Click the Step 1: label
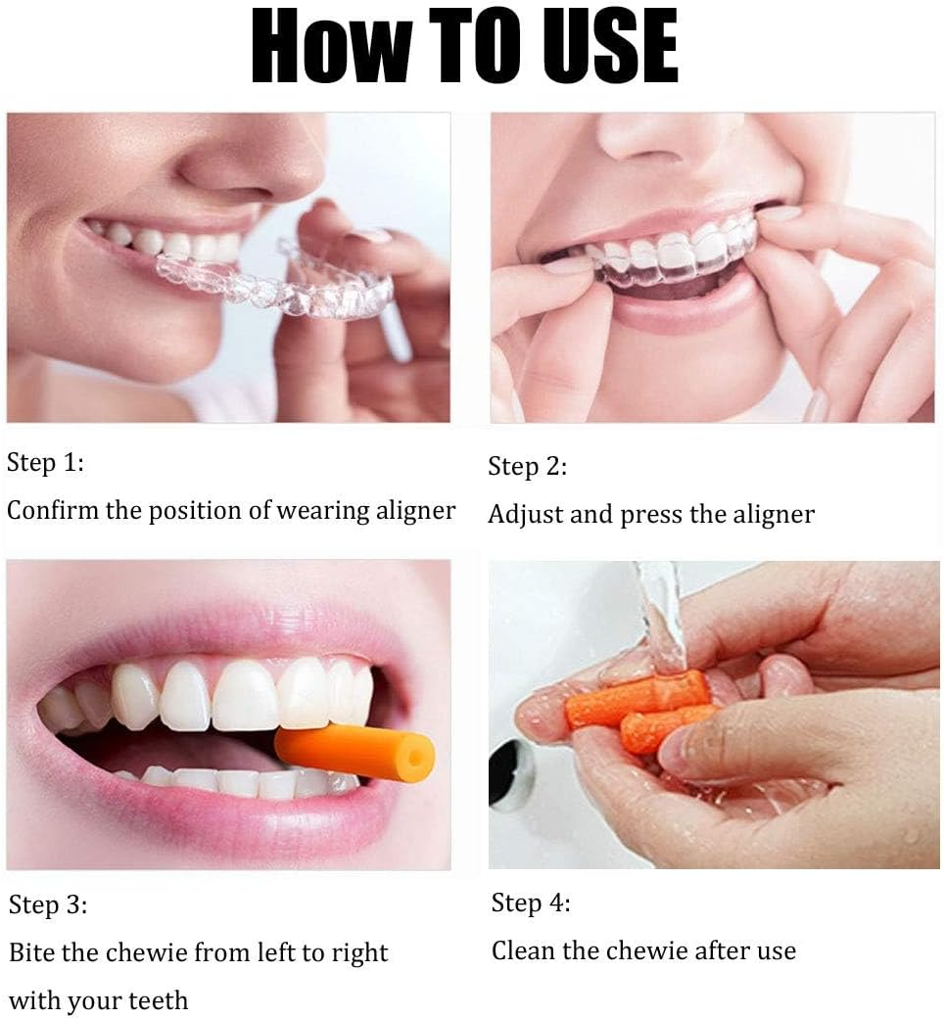(45, 463)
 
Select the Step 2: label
(527, 467)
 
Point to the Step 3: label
(48, 905)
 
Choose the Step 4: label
(530, 902)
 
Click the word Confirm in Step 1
(53, 510)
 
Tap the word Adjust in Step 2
(525, 514)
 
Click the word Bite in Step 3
(32, 952)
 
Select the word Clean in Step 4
(525, 949)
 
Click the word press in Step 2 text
(654, 515)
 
